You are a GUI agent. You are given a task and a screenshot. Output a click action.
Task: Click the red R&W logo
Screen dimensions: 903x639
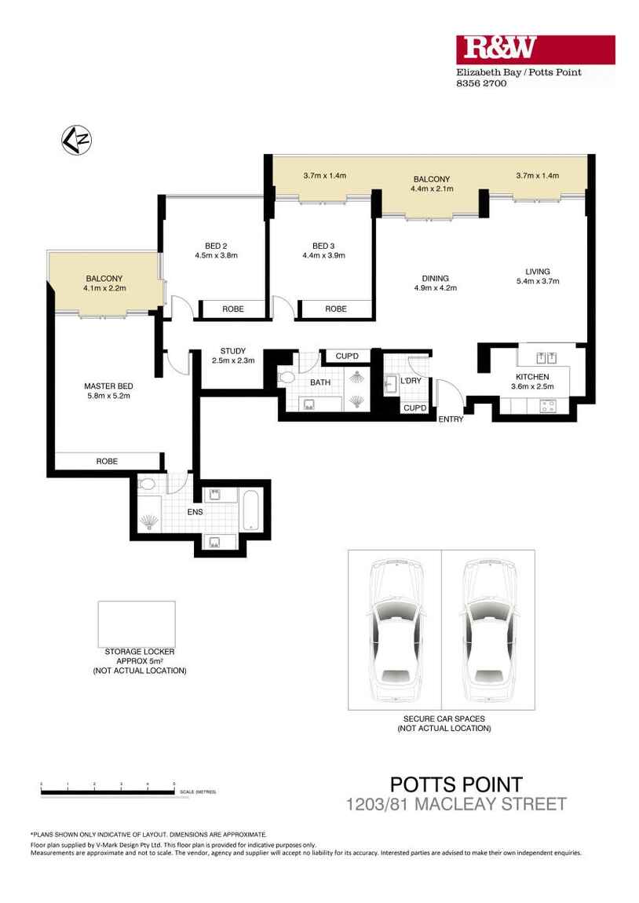[x=535, y=49]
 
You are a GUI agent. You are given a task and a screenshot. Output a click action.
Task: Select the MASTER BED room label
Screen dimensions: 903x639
[x=108, y=386]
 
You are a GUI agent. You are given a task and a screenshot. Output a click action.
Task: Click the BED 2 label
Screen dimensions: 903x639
[x=216, y=246]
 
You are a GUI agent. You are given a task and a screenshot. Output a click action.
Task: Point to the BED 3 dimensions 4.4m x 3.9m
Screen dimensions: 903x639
[x=323, y=255]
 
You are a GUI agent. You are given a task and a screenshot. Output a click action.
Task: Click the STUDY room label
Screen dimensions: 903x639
[x=233, y=351]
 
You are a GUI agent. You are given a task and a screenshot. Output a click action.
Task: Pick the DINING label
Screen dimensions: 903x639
[x=435, y=278]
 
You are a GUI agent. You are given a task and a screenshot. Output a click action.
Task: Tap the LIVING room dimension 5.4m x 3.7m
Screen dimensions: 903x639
[x=538, y=281]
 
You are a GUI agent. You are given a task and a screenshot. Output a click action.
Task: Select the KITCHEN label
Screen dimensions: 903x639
[x=532, y=376]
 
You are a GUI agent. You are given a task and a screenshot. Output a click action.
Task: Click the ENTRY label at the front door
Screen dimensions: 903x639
[x=451, y=419]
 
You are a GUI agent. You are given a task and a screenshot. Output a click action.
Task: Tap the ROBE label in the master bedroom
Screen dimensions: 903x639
[x=107, y=461]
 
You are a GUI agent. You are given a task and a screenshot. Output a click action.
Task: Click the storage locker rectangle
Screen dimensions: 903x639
[x=137, y=623]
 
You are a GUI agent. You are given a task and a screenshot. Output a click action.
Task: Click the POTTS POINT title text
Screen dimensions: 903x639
[x=455, y=784]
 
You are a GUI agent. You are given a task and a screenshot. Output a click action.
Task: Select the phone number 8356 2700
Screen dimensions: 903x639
[x=481, y=83]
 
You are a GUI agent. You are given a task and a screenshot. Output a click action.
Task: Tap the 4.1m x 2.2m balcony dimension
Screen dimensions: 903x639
[x=105, y=288]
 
